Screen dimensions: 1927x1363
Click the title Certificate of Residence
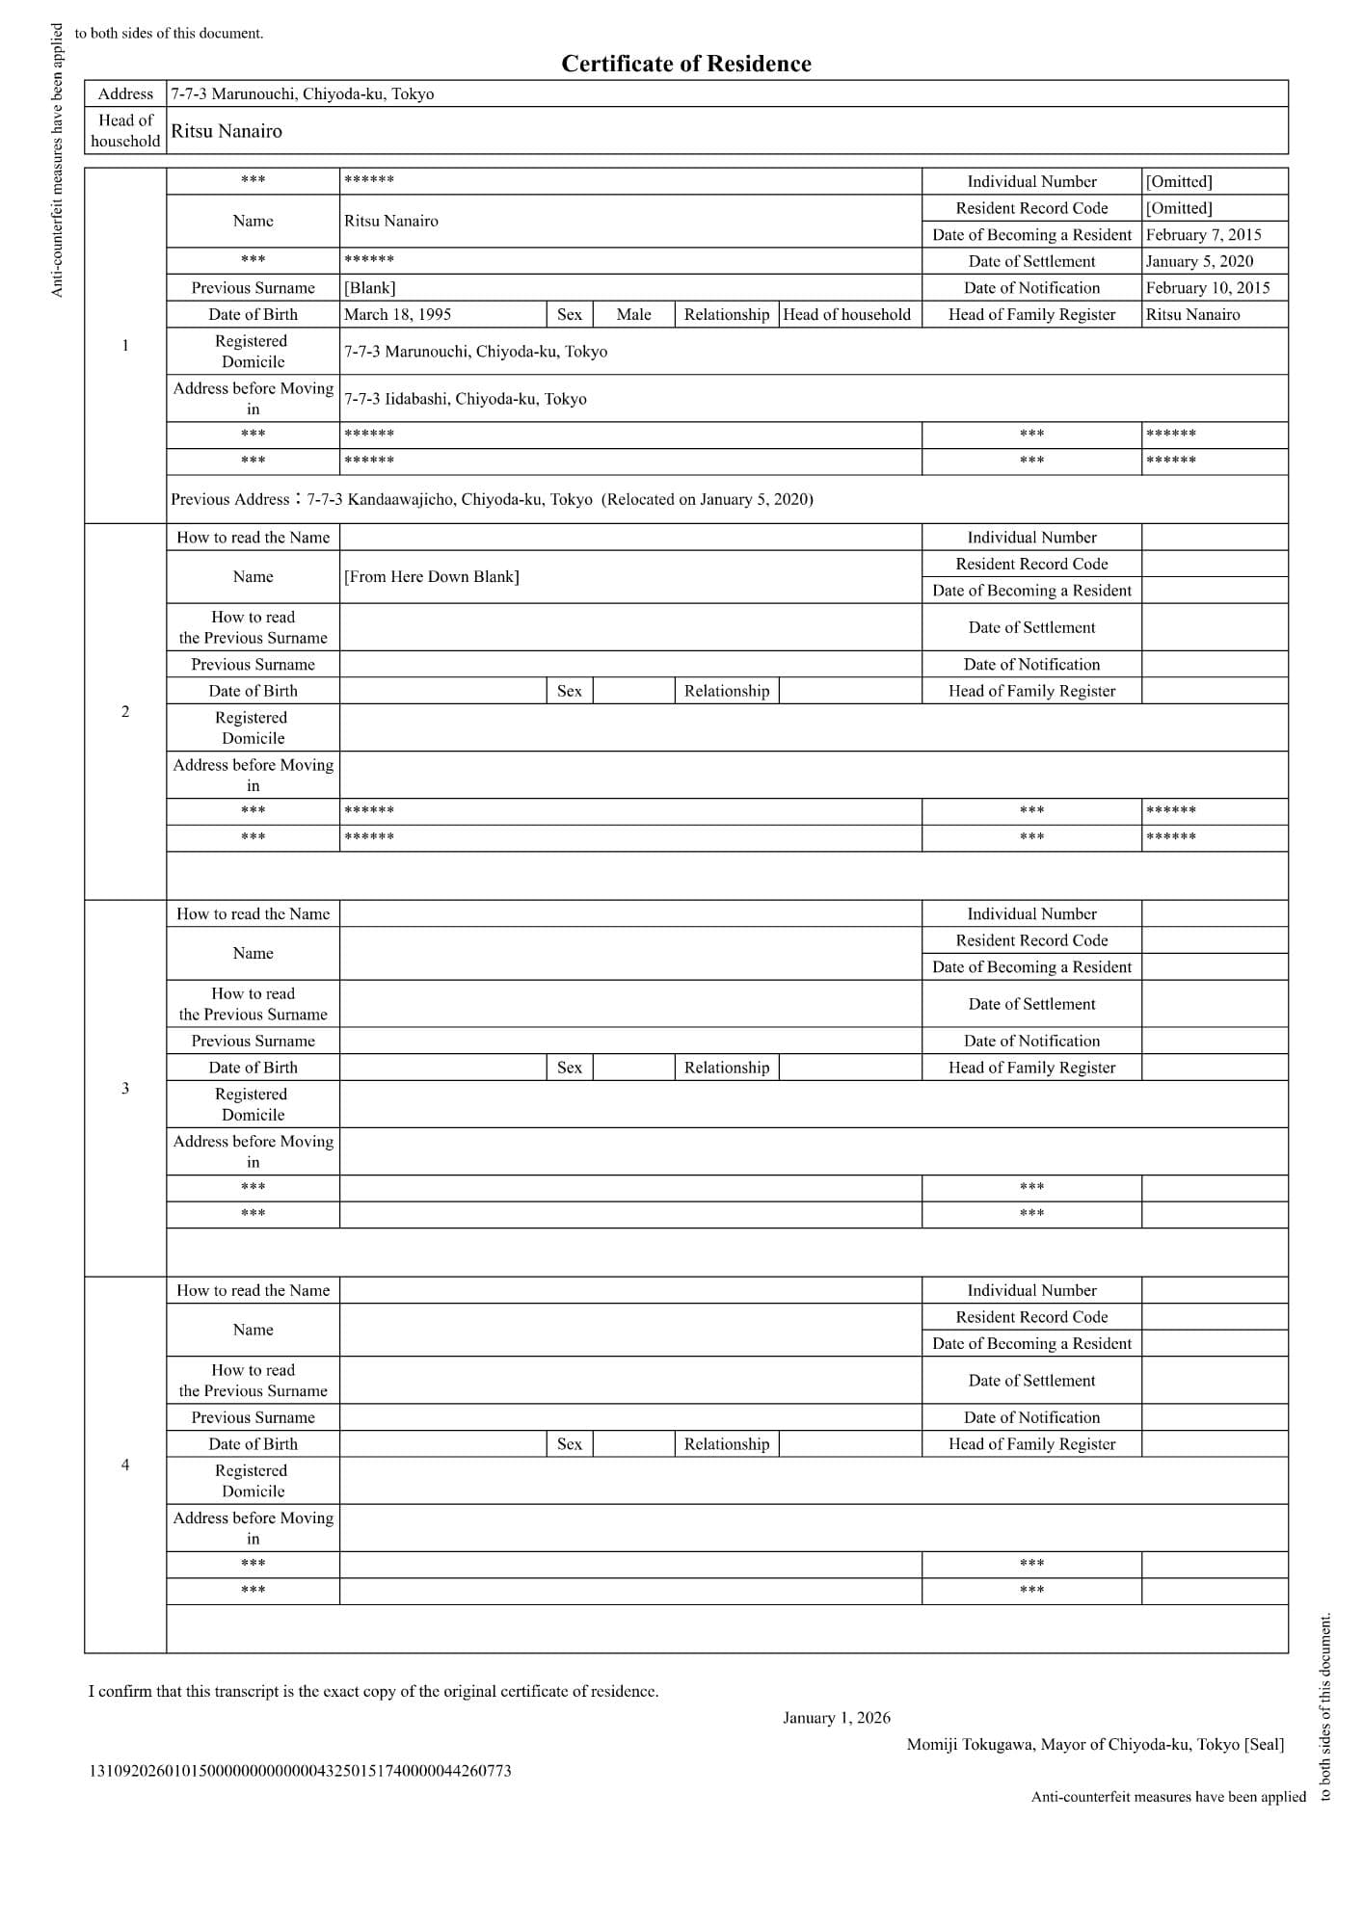tap(685, 64)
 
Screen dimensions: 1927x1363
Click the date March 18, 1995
tap(397, 314)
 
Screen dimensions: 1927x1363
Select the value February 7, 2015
tap(1203, 234)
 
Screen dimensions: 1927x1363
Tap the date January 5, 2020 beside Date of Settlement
tap(1199, 261)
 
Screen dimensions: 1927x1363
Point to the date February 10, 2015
tap(1207, 287)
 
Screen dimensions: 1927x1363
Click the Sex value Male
tap(633, 314)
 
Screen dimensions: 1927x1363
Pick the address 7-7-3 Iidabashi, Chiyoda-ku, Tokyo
tap(465, 399)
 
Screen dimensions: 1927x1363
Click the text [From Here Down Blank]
tap(431, 576)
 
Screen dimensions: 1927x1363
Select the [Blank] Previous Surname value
tap(369, 287)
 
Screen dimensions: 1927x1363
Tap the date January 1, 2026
tap(836, 1717)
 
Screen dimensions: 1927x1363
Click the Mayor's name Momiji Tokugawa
tap(970, 1744)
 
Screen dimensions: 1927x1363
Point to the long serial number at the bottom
tap(300, 1770)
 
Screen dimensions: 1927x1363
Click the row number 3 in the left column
tap(125, 1088)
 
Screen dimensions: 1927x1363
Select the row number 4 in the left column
tap(125, 1465)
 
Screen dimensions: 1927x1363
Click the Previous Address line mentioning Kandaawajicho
tap(492, 499)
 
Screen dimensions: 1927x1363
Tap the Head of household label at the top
tap(125, 130)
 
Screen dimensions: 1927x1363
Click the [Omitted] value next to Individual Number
tap(1179, 181)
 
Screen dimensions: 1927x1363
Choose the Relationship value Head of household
tap(846, 314)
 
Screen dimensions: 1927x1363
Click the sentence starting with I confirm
tap(373, 1691)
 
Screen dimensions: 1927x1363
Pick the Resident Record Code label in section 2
tap(1031, 564)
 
